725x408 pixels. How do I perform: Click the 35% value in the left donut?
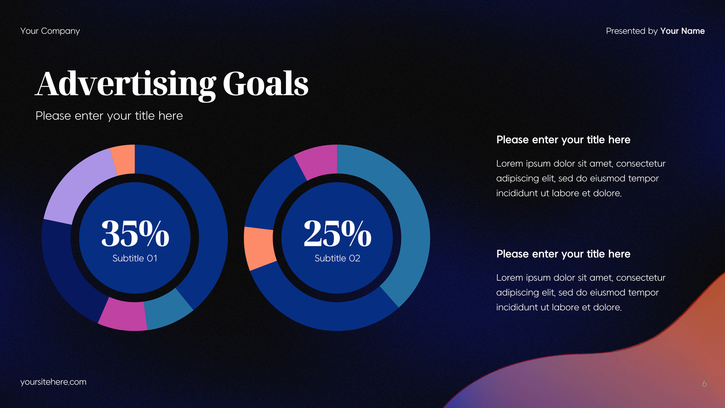click(135, 233)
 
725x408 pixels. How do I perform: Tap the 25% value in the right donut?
click(337, 233)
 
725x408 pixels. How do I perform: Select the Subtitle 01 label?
click(135, 258)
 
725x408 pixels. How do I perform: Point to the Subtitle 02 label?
click(337, 258)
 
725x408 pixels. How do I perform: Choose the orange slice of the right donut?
click(259, 248)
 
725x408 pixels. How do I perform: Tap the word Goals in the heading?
click(265, 84)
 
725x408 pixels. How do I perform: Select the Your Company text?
click(50, 31)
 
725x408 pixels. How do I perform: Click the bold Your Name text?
click(683, 31)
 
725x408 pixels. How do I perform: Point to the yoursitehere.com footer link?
click(53, 382)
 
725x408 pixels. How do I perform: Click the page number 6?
click(704, 384)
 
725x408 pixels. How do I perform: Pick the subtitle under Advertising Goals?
click(109, 116)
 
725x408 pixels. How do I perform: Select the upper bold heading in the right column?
click(563, 140)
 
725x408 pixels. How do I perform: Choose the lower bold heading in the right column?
click(563, 254)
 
